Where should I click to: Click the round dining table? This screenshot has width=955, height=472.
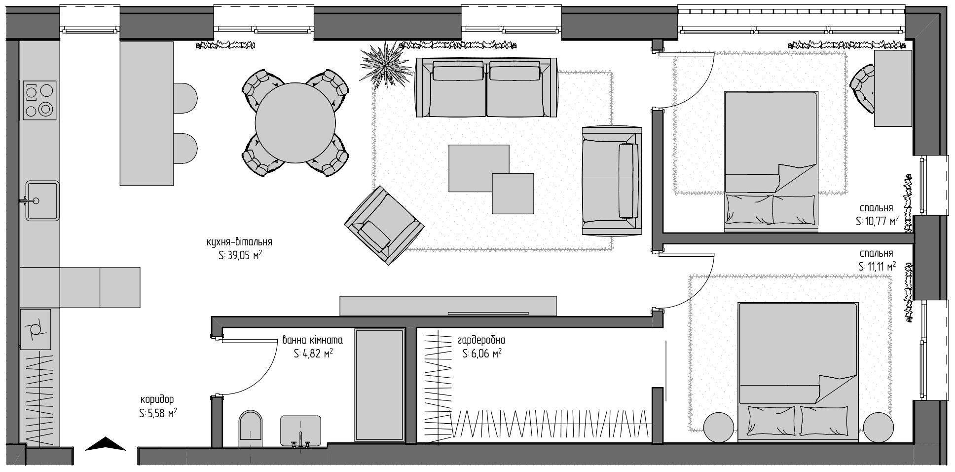pos(295,122)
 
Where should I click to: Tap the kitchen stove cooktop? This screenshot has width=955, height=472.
pos(39,100)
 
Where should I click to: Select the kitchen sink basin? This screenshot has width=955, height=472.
pos(42,200)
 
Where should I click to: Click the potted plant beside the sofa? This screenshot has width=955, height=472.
pos(385,64)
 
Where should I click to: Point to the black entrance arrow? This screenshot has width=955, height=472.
pos(106,444)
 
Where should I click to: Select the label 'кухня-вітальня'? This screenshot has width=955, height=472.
pos(239,242)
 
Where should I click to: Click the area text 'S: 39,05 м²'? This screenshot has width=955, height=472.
pos(240,255)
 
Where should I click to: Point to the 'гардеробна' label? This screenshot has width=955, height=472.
pos(481,341)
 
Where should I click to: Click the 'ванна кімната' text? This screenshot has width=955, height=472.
pos(312,341)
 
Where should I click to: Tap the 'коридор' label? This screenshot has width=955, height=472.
pos(157,399)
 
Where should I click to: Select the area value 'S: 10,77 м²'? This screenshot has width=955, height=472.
pos(877,221)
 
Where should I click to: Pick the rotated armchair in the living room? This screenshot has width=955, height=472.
pos(384,225)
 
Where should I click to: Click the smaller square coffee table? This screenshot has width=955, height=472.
pos(513,194)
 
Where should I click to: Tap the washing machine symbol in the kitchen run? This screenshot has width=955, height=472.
pos(36,329)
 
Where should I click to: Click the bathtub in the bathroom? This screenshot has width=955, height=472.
pos(380,386)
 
